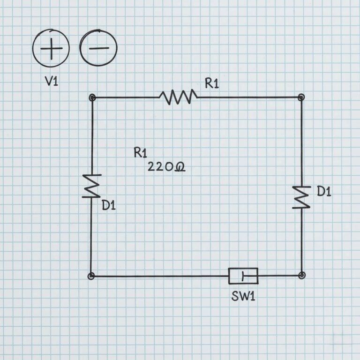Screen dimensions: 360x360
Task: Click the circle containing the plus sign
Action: pyautogui.click(x=51, y=48)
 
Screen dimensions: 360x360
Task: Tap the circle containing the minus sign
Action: pyautogui.click(x=98, y=48)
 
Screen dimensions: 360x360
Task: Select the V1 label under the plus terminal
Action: pyautogui.click(x=51, y=81)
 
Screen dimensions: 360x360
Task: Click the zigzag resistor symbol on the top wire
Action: pyautogui.click(x=178, y=97)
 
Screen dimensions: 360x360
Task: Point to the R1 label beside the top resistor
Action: pyautogui.click(x=212, y=83)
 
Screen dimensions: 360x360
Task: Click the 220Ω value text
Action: pyautogui.click(x=166, y=166)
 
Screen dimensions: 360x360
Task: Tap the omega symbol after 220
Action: pyautogui.click(x=180, y=167)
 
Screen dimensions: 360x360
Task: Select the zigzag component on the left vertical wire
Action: pyautogui.click(x=92, y=186)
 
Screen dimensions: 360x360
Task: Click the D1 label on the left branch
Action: pyautogui.click(x=109, y=205)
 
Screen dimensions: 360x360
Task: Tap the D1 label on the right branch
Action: pyautogui.click(x=324, y=191)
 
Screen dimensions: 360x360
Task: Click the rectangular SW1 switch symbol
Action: pyautogui.click(x=243, y=276)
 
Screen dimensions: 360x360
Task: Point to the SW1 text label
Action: pyautogui.click(x=243, y=297)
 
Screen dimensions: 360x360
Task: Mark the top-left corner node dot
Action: pyautogui.click(x=92, y=97)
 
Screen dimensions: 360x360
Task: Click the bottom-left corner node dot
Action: pyautogui.click(x=91, y=276)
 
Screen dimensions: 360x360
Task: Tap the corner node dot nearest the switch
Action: pyautogui.click(x=302, y=275)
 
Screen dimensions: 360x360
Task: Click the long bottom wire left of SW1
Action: pyautogui.click(x=159, y=276)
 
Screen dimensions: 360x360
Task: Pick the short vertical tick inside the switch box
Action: pyautogui.click(x=243, y=276)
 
